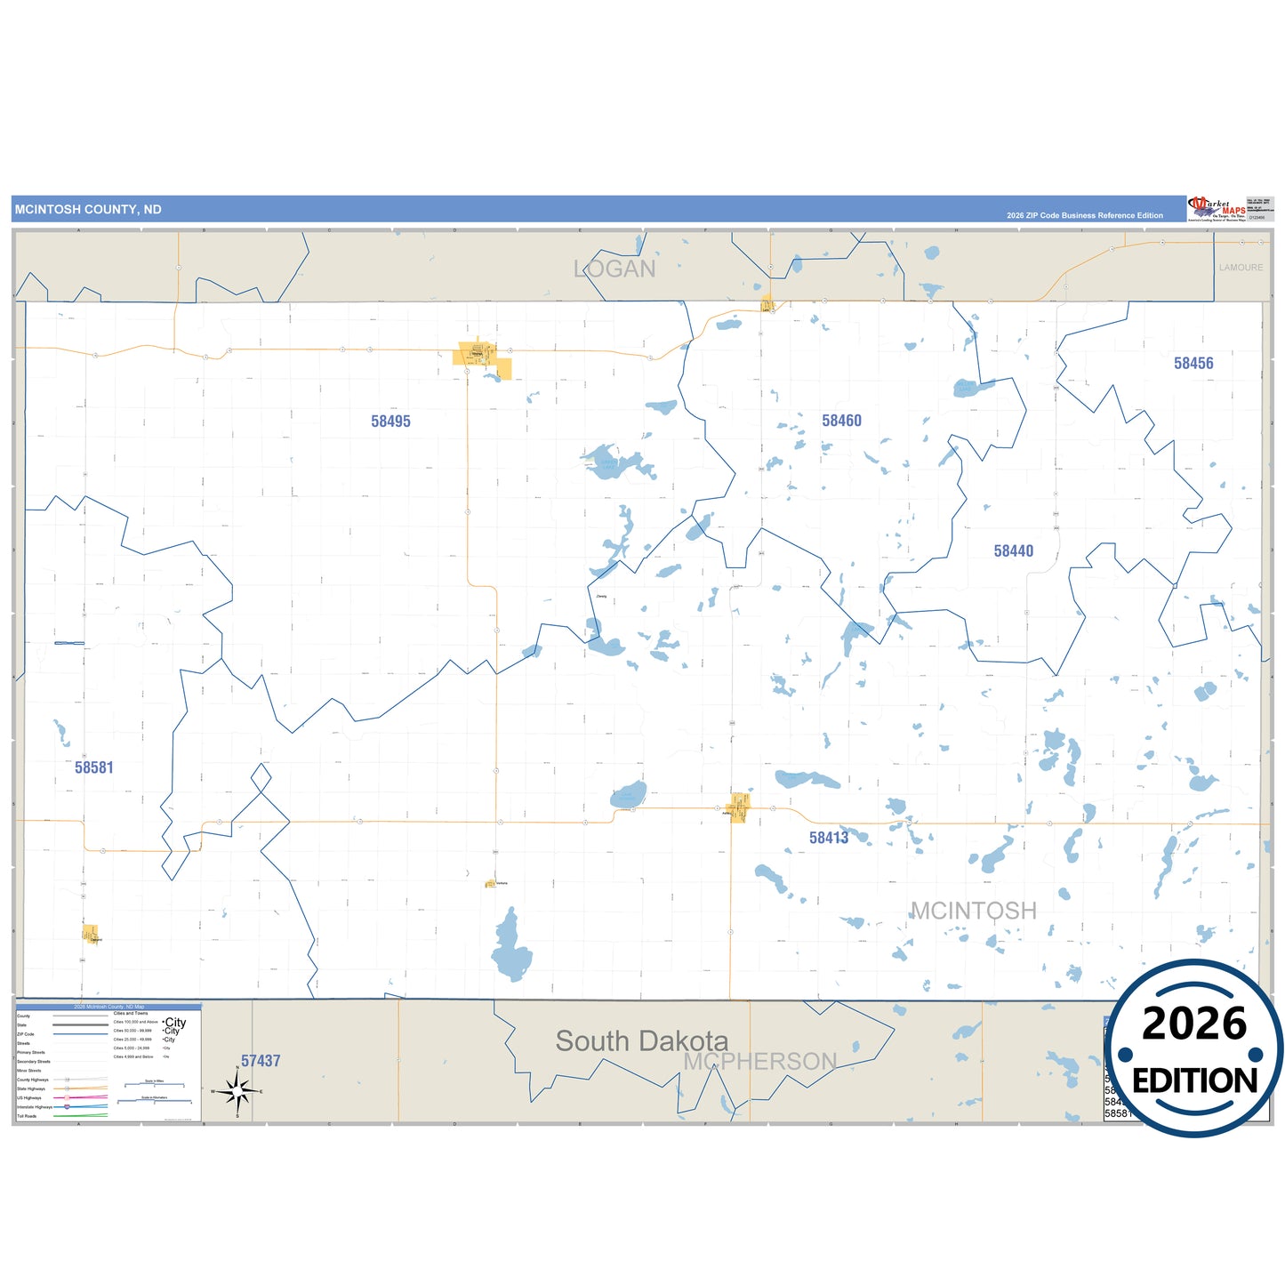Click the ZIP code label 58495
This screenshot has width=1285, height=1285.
pos(391,422)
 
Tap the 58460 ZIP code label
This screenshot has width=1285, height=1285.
pos(841,421)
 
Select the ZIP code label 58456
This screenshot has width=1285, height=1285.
pos(1193,363)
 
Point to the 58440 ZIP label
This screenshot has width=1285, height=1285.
pos(1014,551)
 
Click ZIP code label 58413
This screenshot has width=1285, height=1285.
pos(829,838)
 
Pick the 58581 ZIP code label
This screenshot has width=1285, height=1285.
pos(94,767)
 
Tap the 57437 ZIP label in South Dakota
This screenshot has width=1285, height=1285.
pos(261,1061)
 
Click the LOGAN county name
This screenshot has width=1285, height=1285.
pos(614,269)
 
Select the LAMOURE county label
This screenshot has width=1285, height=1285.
pos(1241,268)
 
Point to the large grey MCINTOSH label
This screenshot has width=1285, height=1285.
pos(974,911)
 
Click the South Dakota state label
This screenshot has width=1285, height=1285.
pos(641,1040)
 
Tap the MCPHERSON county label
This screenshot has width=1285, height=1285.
pos(759,1061)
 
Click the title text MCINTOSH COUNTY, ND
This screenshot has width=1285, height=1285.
pos(88,210)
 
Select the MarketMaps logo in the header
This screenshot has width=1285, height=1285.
pos(1217,209)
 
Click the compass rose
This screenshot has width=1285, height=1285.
pos(237,1090)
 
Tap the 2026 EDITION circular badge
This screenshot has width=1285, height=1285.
pos(1194,1048)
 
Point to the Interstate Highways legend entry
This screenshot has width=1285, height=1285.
pos(36,1107)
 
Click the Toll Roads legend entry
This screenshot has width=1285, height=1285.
pos(28,1116)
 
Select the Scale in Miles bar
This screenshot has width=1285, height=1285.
pos(155,1084)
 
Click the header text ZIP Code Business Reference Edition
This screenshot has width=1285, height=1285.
pos(1085,215)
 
